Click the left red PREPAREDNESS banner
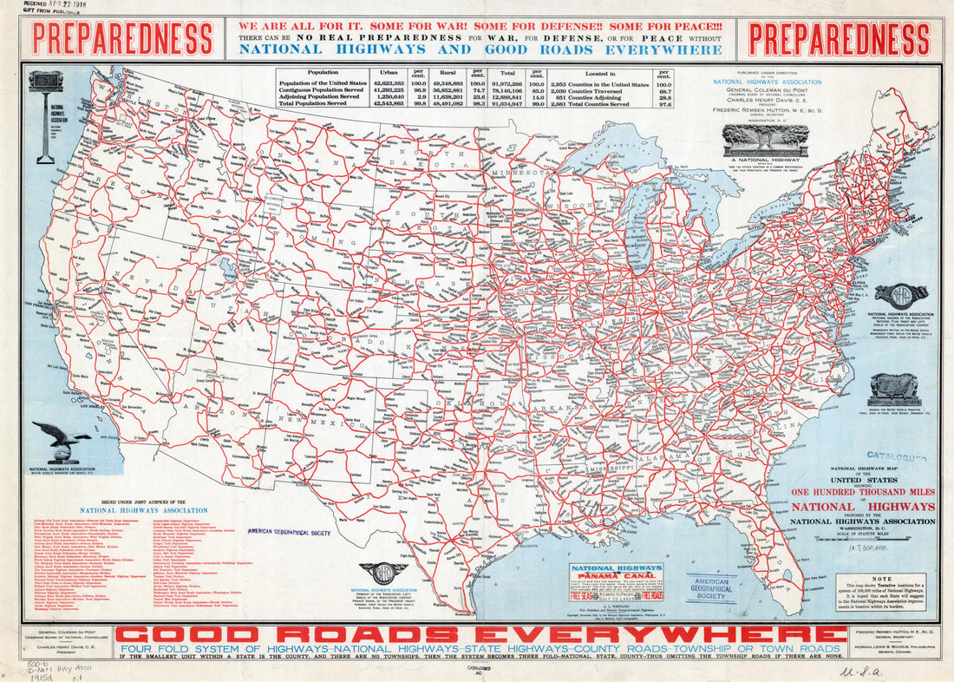[x=122, y=39]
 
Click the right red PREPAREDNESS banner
[x=839, y=39]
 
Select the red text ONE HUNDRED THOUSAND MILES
[x=863, y=491]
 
